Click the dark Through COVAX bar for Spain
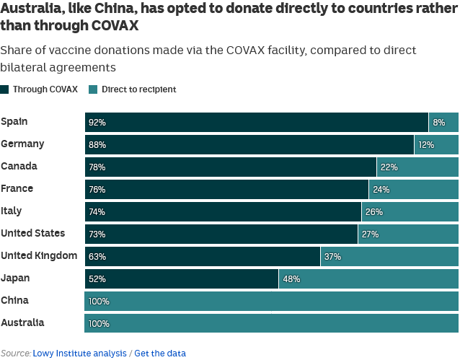(x=256, y=123)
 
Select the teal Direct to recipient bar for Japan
(x=368, y=279)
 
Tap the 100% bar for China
(x=271, y=302)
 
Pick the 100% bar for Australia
(x=271, y=324)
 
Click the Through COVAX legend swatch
(x=5, y=89)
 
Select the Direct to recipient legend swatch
(x=93, y=89)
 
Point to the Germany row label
(x=22, y=144)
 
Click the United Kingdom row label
(x=39, y=256)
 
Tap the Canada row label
(x=19, y=167)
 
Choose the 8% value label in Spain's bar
(x=438, y=123)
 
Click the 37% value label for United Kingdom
(x=332, y=257)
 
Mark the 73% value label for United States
(x=97, y=234)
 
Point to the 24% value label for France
(x=381, y=190)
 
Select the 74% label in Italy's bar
(x=97, y=212)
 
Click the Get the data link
(x=160, y=354)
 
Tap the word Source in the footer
(x=15, y=354)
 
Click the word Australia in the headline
(x=30, y=9)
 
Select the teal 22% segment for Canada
(x=417, y=167)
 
